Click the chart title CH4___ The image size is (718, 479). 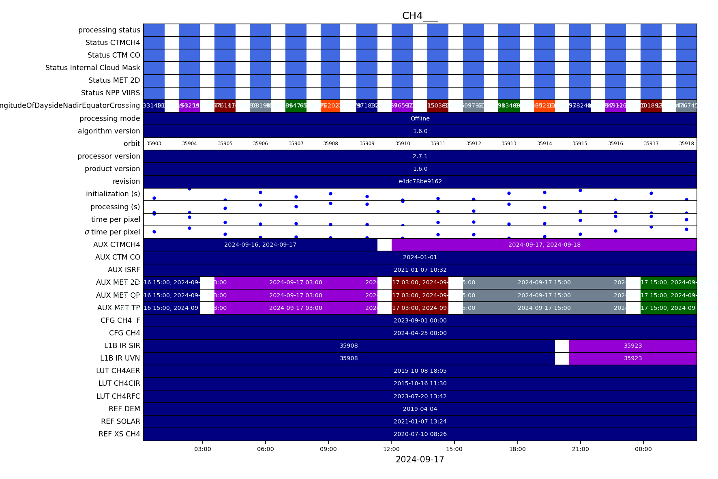coord(420,16)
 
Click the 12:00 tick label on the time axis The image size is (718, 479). coord(391,449)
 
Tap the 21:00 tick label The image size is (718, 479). coord(580,449)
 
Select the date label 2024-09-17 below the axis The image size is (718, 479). coord(420,460)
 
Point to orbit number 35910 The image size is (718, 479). coord(403,144)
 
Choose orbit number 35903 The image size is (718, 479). coord(154,144)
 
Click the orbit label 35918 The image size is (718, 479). coord(686,144)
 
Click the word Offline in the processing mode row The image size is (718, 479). coord(420,118)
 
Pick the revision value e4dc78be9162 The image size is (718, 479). coord(420,181)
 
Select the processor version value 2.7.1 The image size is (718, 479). coord(420,156)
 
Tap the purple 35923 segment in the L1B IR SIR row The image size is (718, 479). coord(632,346)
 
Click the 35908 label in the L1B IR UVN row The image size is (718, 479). coord(349,359)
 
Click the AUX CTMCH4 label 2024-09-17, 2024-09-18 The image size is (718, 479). coord(544,245)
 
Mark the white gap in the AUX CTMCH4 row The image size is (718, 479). coord(384,245)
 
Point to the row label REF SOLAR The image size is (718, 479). coord(120,421)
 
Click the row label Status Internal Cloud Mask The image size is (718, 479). coord(92,68)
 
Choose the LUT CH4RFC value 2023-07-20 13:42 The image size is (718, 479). coord(420,396)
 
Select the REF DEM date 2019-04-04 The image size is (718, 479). coord(420,409)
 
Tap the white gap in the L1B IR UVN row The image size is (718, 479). coord(562,359)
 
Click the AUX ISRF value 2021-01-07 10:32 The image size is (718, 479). coord(420,270)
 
